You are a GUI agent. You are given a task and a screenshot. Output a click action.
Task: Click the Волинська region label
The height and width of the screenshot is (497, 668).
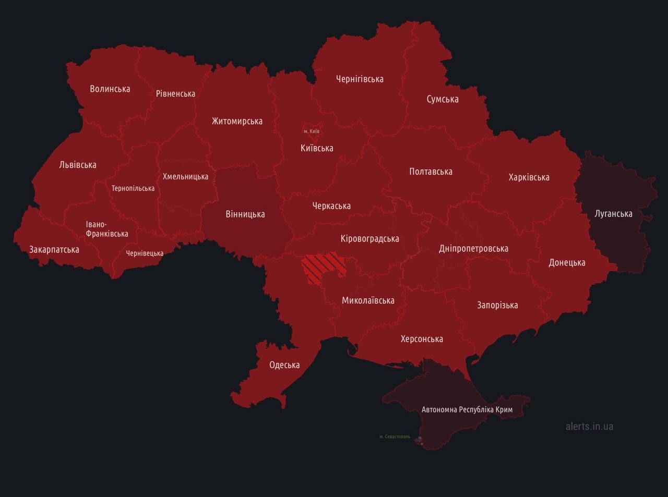point(110,89)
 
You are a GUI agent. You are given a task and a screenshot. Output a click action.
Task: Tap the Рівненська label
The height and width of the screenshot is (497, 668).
point(175,94)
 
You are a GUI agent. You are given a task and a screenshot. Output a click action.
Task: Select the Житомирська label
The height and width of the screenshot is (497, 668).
point(237,121)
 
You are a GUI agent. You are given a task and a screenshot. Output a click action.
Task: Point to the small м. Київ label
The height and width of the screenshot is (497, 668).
point(312,131)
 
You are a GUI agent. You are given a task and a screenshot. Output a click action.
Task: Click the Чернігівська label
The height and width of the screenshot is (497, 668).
point(360,79)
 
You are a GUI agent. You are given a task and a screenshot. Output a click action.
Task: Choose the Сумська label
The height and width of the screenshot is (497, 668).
point(443,99)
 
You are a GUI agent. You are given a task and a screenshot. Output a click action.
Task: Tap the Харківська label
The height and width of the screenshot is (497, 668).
point(529,177)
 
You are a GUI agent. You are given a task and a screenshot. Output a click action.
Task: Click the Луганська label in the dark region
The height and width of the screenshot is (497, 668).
point(613,214)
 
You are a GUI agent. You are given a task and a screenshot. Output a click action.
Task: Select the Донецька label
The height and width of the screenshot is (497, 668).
point(567,262)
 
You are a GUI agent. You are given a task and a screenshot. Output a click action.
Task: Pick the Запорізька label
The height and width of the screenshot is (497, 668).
point(497,305)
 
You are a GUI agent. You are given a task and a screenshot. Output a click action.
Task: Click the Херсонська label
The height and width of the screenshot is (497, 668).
point(422,339)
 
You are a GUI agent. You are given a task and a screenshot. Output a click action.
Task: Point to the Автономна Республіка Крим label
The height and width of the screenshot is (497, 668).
point(467,409)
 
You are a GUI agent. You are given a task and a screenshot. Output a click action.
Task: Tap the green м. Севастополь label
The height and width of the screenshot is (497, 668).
point(395,437)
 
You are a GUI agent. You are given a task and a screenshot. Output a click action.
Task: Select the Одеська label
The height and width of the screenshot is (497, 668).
point(284,365)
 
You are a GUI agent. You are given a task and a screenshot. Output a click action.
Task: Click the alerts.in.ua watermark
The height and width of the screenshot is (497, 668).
point(589,426)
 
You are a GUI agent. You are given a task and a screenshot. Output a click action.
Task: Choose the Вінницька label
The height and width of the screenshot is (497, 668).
point(245,214)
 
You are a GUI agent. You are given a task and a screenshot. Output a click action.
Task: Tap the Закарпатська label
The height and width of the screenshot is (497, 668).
point(54,249)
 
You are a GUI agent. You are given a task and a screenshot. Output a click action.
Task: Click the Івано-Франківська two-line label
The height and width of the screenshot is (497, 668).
point(106,229)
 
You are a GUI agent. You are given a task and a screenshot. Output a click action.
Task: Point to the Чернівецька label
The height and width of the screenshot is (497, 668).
point(145,253)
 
